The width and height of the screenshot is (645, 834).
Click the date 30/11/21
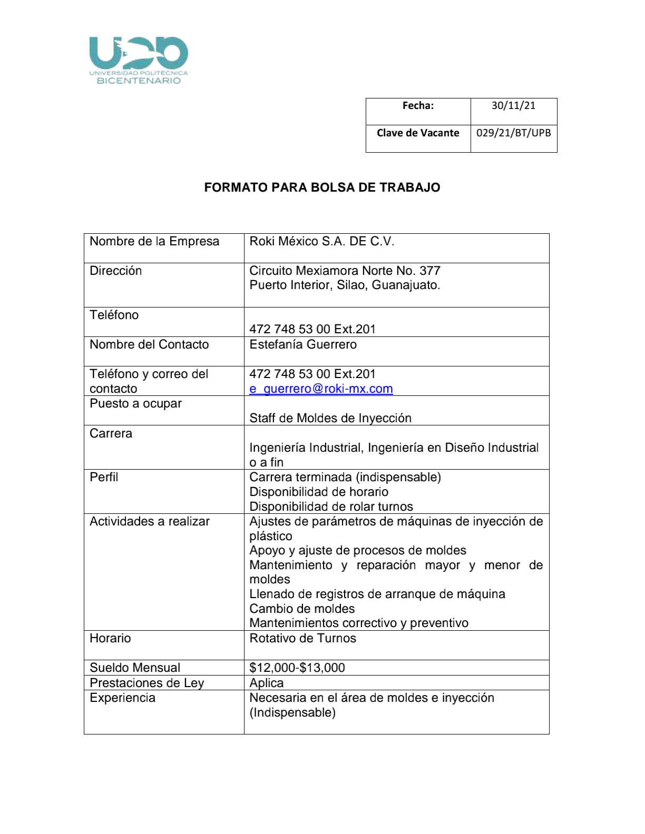point(513,105)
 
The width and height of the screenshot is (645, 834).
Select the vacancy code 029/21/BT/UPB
point(513,133)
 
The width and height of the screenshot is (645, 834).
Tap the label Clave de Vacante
point(418,133)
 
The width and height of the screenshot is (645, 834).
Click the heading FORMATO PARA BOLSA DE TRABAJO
point(322,187)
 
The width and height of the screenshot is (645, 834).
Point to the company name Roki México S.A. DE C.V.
point(321,241)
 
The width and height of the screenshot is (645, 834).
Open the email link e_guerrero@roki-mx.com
point(321,389)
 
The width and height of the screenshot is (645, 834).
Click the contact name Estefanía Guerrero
point(303,344)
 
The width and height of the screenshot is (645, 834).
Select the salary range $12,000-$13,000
point(297,668)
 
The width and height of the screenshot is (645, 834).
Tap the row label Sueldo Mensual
point(135,668)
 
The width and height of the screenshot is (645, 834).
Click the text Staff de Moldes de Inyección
point(330,418)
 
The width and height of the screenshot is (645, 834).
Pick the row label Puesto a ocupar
point(135,403)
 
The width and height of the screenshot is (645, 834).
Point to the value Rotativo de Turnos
point(302,638)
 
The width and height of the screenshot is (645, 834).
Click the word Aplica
point(267,683)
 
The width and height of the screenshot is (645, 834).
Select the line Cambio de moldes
point(302,609)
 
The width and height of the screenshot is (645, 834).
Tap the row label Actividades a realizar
point(150,521)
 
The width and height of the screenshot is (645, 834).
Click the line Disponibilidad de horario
point(319,492)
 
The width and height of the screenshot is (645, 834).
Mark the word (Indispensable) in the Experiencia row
point(292,712)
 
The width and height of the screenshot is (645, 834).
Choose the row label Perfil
point(104,477)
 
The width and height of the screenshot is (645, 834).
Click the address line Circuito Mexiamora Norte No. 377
point(345,271)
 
